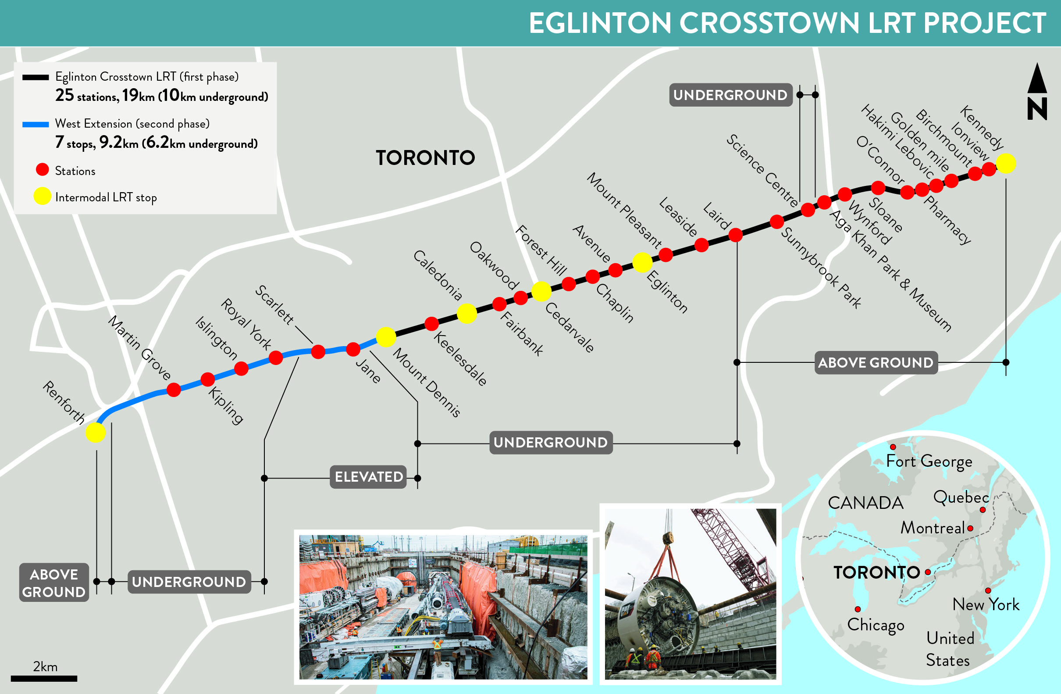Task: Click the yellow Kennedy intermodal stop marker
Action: click(x=1006, y=163)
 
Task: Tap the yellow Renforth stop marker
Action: click(x=96, y=432)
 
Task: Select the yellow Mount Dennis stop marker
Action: click(x=386, y=337)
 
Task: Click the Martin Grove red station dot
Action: click(x=174, y=390)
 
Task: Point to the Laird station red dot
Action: click(x=736, y=235)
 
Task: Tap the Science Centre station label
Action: click(x=762, y=171)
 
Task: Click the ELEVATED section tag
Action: click(x=369, y=477)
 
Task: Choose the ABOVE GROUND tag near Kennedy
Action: click(x=876, y=363)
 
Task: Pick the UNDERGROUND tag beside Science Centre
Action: click(x=730, y=95)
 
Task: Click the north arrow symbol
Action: click(x=1037, y=92)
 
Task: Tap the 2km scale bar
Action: click(x=44, y=678)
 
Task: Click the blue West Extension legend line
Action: click(x=36, y=125)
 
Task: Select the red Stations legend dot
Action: click(x=43, y=169)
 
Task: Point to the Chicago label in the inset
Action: click(x=876, y=625)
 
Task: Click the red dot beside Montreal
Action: click(x=970, y=528)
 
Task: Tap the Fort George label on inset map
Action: click(x=929, y=461)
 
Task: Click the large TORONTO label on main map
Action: click(x=425, y=158)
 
